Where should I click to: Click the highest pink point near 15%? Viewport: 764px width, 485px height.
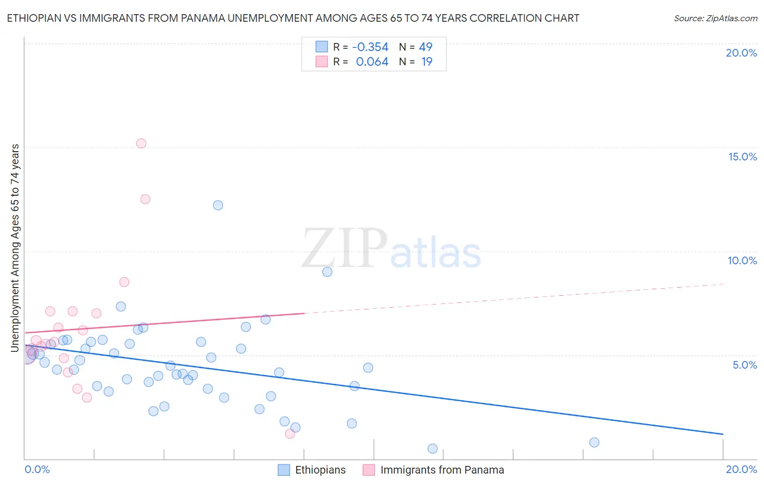[x=141, y=144]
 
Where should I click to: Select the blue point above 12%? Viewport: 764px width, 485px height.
[x=218, y=205]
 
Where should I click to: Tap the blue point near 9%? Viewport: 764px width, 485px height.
[x=327, y=272]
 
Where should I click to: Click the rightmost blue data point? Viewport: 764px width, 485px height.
[x=594, y=443]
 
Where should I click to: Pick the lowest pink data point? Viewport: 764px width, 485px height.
[x=290, y=433]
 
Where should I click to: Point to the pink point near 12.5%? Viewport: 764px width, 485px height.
[x=145, y=199]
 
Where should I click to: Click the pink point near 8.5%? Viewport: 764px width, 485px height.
[x=124, y=282]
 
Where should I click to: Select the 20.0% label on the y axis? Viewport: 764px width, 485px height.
[x=741, y=53]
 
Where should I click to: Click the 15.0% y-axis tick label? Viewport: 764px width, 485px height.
[x=742, y=157]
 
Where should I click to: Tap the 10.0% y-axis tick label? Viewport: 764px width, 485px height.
[x=742, y=260]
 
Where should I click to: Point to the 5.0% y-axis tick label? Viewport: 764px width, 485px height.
[x=744, y=365]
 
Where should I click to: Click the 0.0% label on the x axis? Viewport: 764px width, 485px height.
[x=37, y=469]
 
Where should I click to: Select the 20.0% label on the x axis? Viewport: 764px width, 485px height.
[x=741, y=469]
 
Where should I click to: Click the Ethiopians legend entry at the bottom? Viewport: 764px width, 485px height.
[x=320, y=470]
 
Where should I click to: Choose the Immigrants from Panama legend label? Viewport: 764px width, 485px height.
[x=442, y=470]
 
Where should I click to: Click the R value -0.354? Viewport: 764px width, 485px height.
[x=370, y=47]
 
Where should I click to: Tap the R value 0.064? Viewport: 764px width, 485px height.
[x=372, y=62]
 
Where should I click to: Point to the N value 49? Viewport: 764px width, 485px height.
[x=425, y=47]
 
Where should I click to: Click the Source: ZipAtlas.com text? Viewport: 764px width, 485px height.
[x=715, y=18]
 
